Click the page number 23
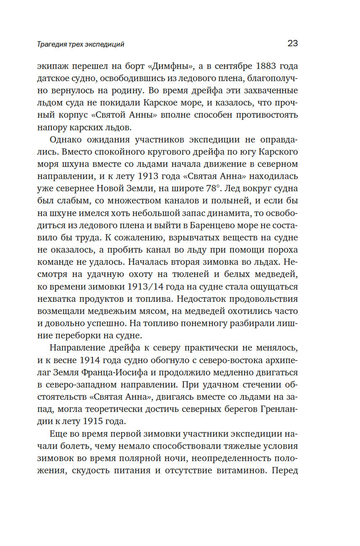(x=293, y=43)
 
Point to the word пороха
(x=282, y=248)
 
